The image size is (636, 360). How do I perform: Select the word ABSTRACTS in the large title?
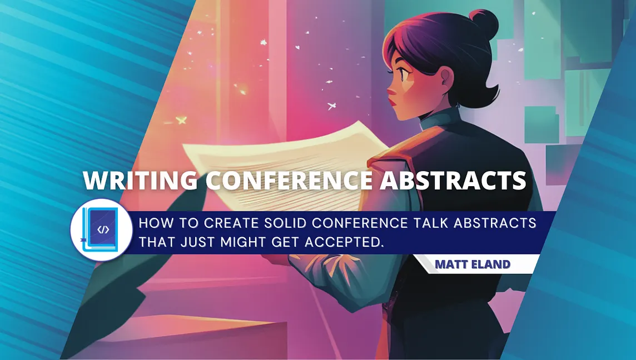(453, 181)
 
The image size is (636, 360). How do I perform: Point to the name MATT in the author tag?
(453, 264)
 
